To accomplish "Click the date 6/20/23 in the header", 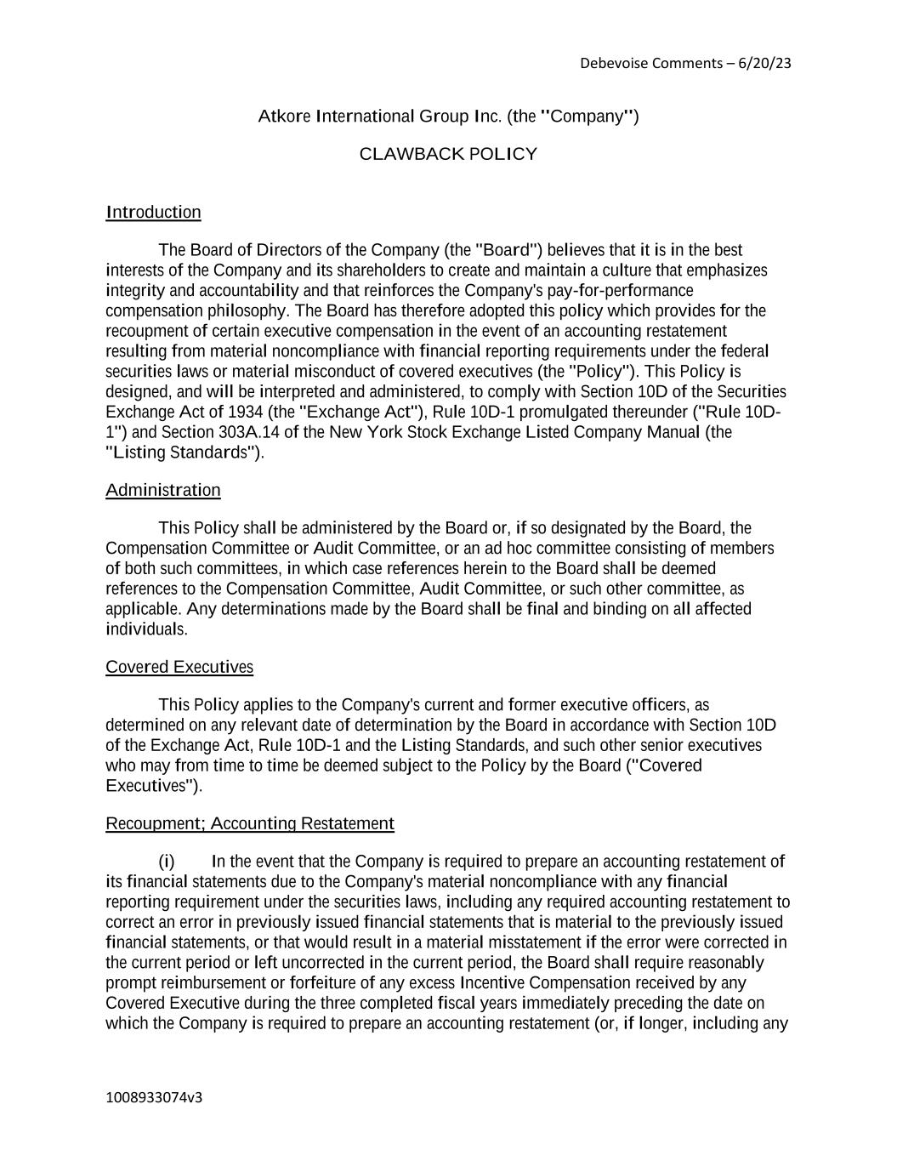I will coord(765,63).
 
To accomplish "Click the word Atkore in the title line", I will coord(284,116).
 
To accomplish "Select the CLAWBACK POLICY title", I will coord(448,154).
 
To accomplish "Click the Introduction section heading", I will coord(153,212).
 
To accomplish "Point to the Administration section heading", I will coord(162,490).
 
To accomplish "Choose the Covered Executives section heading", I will coord(179,667).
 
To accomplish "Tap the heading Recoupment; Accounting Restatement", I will coord(249,823).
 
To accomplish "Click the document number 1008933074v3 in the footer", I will coord(154,1097).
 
